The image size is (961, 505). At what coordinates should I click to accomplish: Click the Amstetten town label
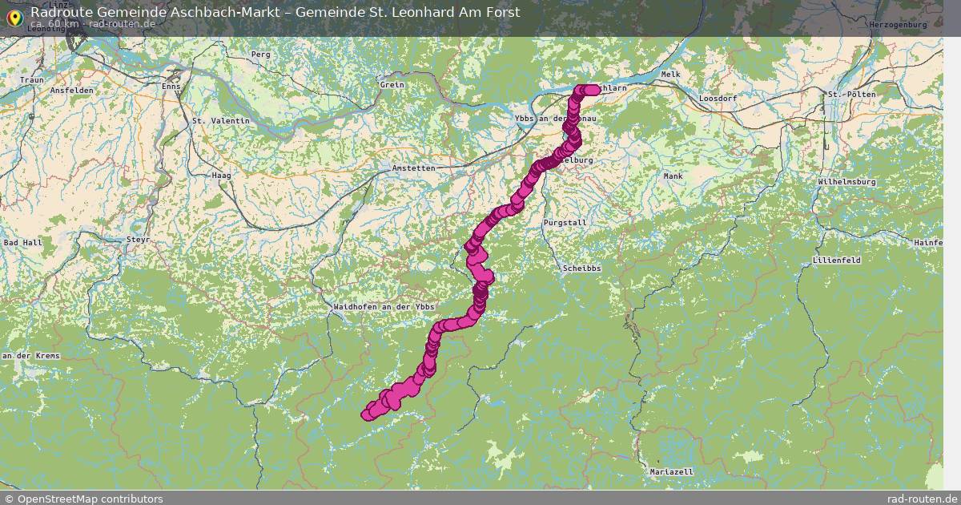coord(414,168)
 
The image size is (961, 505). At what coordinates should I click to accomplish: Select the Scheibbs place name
coord(581,269)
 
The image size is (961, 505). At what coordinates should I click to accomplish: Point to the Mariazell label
coord(672,472)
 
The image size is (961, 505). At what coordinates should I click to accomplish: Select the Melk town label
coord(671,75)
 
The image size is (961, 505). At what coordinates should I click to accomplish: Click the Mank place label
coord(673,176)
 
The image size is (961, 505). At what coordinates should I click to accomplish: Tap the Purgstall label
coord(565,222)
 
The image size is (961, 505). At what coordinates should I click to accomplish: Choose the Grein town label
coord(392,85)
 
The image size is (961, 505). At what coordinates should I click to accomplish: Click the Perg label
coord(261,55)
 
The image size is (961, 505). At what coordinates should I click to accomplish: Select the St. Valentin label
coord(221,121)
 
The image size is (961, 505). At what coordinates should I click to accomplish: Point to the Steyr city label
coord(139,240)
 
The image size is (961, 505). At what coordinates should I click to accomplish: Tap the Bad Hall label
coord(22,242)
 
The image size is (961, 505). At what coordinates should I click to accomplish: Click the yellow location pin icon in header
coord(14,17)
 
